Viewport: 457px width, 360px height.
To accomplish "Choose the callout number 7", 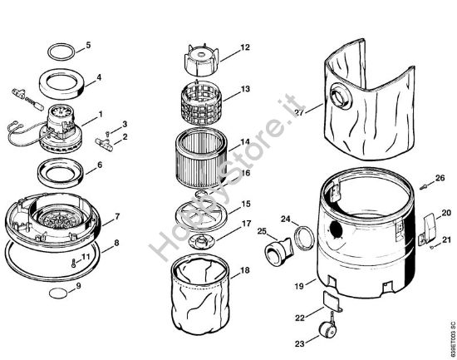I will [x=117, y=216].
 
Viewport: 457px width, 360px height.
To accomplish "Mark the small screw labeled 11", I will [x=73, y=263].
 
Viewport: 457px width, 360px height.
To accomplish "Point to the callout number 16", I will [x=246, y=173].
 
